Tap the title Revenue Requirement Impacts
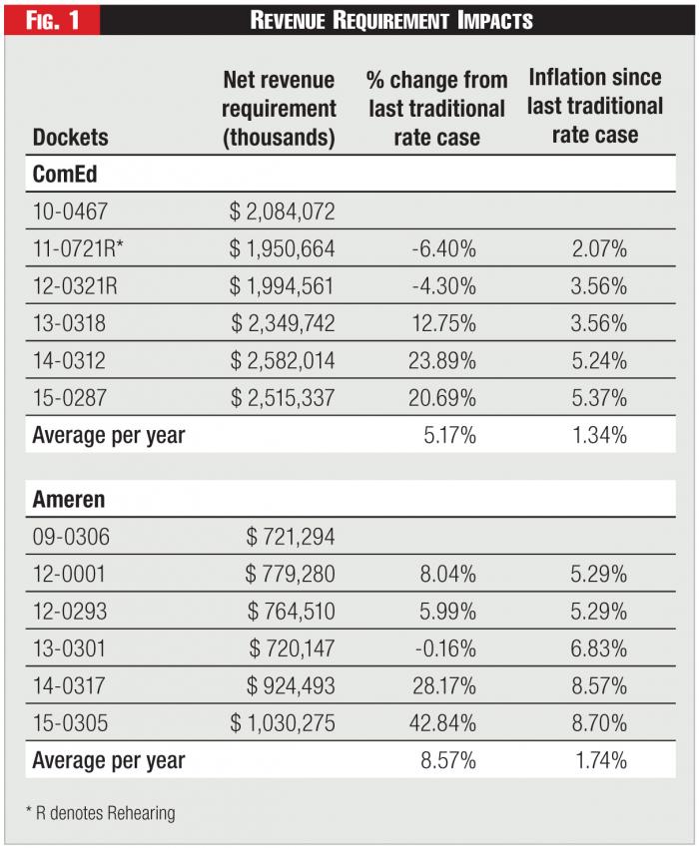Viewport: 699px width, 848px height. click(391, 20)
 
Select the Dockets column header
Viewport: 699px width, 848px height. click(71, 137)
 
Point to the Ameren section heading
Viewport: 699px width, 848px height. click(69, 499)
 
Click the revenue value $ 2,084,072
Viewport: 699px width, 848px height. click(282, 212)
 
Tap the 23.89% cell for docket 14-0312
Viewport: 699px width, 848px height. click(441, 360)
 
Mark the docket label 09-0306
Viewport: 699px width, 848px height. click(72, 536)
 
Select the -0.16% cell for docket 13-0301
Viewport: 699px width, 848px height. click(443, 648)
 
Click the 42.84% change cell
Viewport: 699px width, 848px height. click(441, 723)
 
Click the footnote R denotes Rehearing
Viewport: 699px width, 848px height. click(100, 813)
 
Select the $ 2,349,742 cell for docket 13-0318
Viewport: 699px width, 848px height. click(284, 323)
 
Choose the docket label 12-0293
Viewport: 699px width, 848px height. click(72, 611)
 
